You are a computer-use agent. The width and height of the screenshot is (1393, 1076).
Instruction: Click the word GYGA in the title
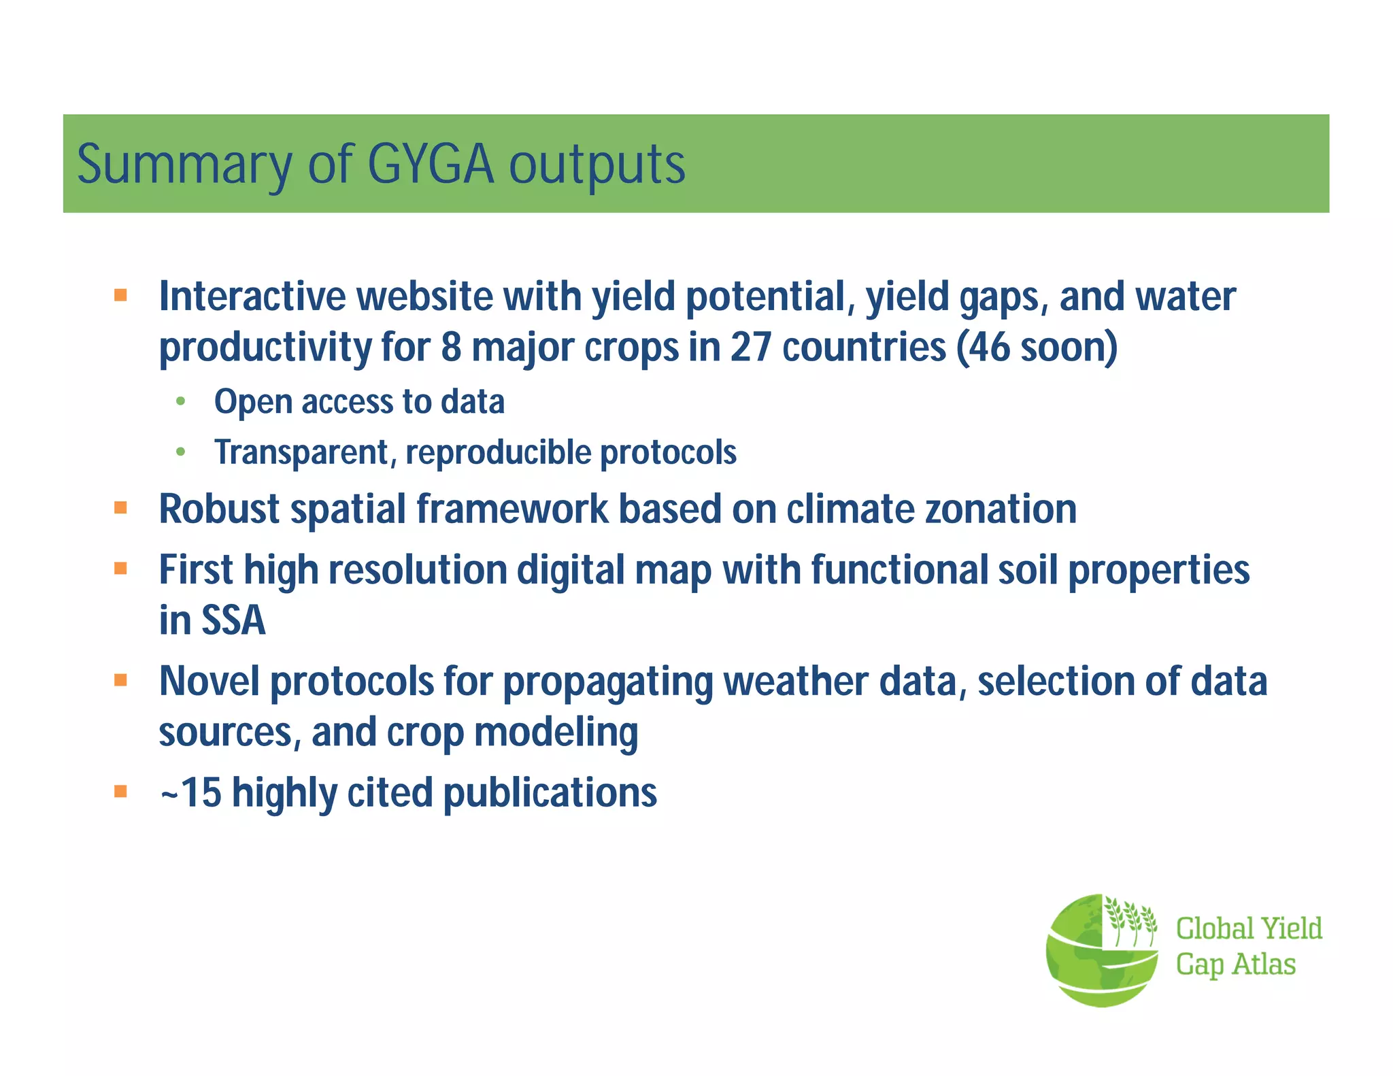pos(431,165)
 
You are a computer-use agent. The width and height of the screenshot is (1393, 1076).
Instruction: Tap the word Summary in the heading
pos(184,165)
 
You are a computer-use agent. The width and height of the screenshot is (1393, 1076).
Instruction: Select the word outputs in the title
pos(597,165)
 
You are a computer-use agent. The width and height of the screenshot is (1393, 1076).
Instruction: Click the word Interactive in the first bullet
pos(252,297)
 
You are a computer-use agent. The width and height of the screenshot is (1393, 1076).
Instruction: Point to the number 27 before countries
pos(752,347)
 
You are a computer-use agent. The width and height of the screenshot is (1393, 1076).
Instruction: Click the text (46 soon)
pos(1037,347)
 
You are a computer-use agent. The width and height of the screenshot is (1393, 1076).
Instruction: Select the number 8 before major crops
pos(451,347)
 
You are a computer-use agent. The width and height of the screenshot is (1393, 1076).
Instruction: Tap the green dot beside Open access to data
pos(180,401)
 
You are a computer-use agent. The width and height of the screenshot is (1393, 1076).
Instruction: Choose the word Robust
pos(219,509)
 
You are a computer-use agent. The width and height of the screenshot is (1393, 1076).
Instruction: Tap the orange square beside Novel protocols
pos(121,680)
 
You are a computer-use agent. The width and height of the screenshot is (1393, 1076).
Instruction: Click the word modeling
pos(556,733)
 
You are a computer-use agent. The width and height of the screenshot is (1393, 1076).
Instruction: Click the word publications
pos(550,793)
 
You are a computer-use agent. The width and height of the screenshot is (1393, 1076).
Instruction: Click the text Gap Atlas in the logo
pos(1235,964)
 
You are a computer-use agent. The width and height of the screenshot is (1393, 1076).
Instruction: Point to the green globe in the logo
pos(1088,966)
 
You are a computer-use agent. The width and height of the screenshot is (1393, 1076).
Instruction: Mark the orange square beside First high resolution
pos(121,569)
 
